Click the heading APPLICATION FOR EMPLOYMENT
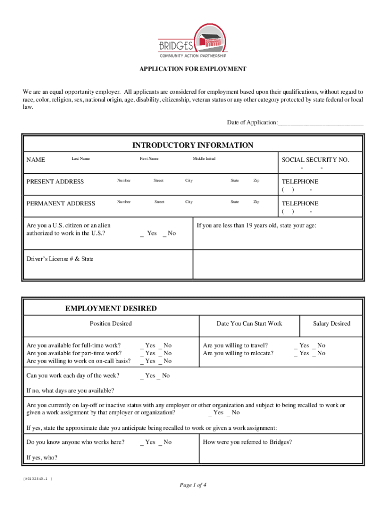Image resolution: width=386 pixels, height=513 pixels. point(193,69)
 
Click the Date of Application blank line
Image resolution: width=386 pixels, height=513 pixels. point(321,123)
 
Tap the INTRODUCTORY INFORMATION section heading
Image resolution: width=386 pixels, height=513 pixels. point(192,145)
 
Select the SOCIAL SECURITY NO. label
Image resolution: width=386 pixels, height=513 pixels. point(315,159)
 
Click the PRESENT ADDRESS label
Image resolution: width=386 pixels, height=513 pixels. point(55,181)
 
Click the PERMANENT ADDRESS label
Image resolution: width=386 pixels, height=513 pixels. point(61,203)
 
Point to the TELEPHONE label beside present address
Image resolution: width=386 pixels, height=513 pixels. point(300,181)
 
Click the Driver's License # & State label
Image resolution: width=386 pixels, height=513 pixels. point(60,259)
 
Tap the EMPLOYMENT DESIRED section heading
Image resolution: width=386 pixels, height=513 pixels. point(111,309)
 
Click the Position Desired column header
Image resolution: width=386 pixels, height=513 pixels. point(111,323)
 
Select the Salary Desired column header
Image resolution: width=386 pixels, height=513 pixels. point(331,323)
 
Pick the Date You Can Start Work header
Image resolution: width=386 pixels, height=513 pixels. point(249,323)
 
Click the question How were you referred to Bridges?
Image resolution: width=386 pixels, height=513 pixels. point(247,442)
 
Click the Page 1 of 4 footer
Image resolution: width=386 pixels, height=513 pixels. point(193,485)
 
